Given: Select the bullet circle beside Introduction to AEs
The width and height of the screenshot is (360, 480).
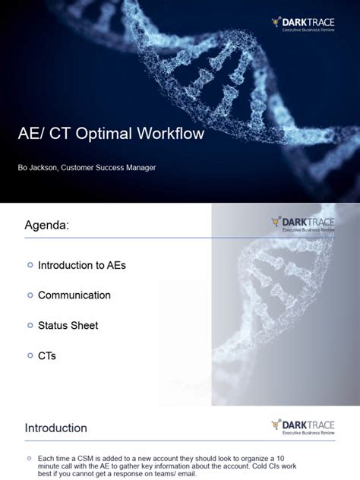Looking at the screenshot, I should point(30,264).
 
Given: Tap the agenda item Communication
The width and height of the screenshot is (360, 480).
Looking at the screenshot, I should point(74,295).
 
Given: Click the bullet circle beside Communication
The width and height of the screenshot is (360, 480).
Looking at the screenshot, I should point(30,295).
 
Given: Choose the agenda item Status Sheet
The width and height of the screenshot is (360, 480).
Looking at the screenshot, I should point(68,325).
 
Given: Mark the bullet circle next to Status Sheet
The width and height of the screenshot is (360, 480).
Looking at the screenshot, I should point(30,325).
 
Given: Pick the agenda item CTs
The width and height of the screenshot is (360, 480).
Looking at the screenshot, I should point(47,355).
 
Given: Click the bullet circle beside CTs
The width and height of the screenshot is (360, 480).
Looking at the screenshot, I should point(30,355).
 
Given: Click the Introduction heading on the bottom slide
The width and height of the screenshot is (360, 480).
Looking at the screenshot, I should point(55,428).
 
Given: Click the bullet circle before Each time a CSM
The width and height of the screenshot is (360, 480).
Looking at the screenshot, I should point(29,459).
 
